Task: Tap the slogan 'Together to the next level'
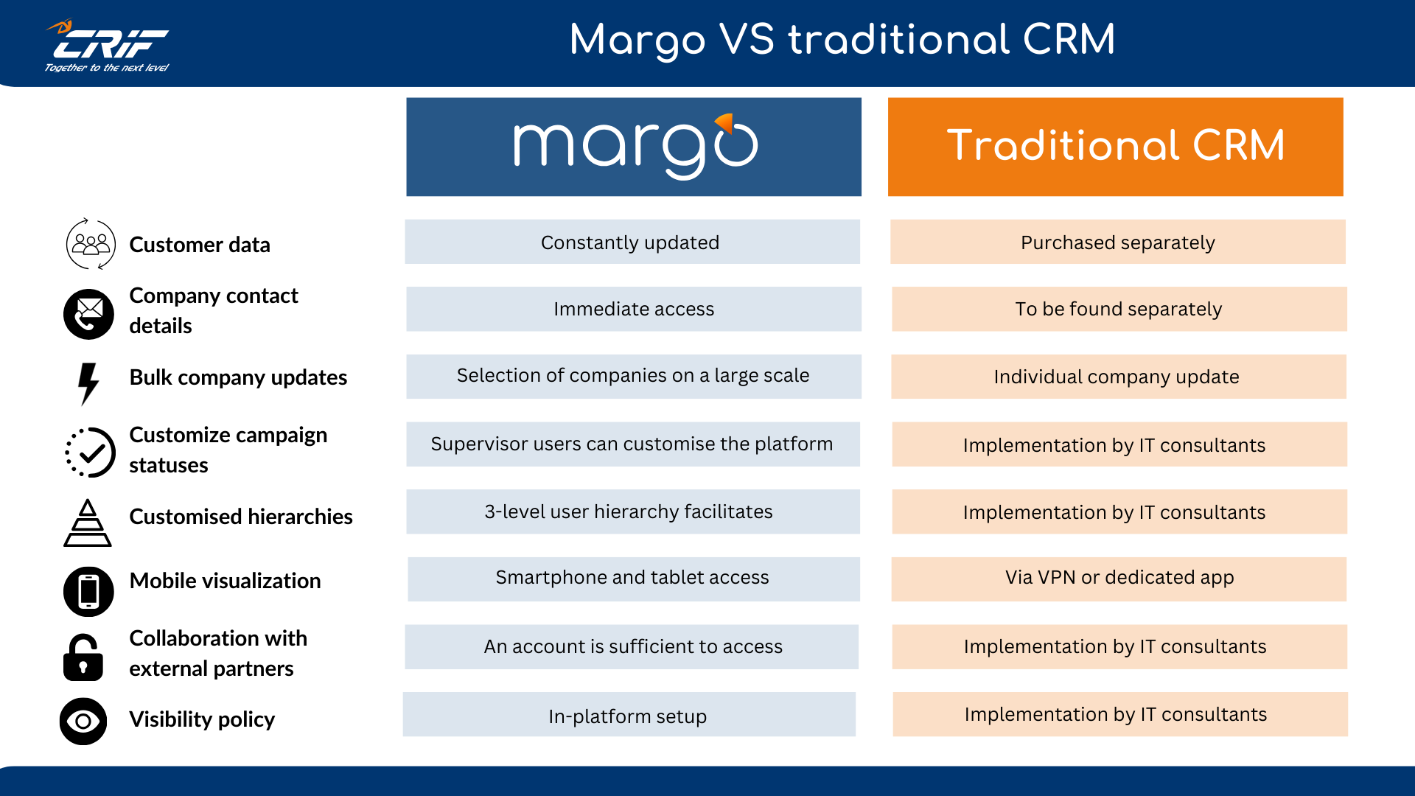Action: [107, 68]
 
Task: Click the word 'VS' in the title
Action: [747, 40]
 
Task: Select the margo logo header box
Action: [634, 147]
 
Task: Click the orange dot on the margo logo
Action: [725, 122]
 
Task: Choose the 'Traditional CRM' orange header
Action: [1115, 147]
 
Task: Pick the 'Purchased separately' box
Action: [1117, 242]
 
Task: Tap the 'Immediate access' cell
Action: [633, 309]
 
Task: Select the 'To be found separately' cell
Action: [1119, 309]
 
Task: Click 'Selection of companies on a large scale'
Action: [633, 376]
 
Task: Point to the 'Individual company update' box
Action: [1118, 377]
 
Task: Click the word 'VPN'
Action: [1056, 577]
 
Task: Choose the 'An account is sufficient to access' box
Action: [632, 646]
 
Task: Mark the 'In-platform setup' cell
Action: [629, 715]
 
